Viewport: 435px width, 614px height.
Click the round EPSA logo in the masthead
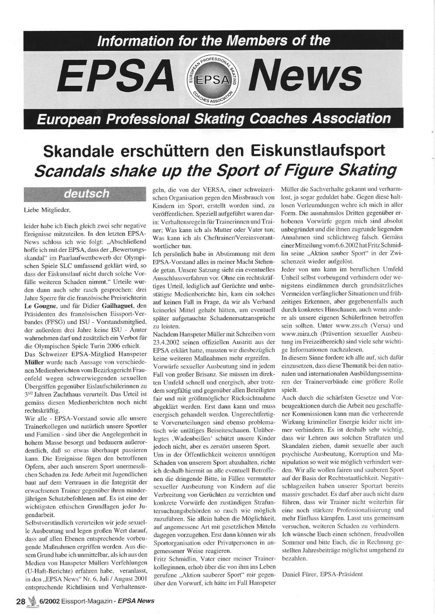(214, 79)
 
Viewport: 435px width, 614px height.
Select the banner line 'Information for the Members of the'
(214, 41)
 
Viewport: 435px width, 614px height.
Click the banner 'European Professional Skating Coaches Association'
(214, 118)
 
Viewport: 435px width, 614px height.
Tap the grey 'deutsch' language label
(87, 194)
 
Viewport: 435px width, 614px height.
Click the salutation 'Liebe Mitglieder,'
(47, 210)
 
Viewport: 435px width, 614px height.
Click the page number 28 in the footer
(20, 601)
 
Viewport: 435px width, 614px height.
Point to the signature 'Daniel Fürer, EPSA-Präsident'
(322, 574)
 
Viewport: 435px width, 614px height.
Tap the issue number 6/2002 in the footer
(50, 601)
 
